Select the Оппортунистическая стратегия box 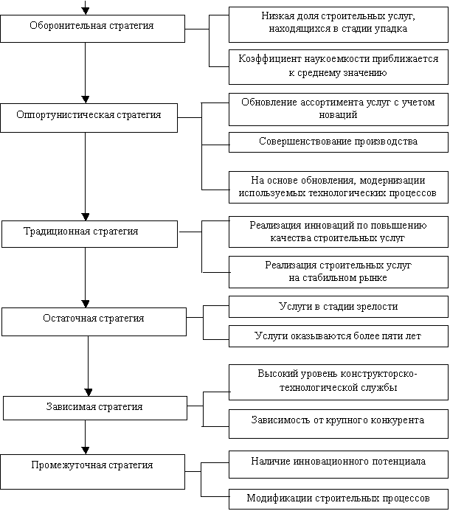click(89, 117)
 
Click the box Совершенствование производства click(338, 142)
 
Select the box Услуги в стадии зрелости click(338, 307)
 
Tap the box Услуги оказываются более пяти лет click(338, 336)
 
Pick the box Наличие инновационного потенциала click(338, 462)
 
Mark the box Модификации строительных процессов click(338, 498)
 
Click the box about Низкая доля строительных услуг click(338, 23)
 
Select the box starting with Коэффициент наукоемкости click(338, 66)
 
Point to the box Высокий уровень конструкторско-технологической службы click(338, 381)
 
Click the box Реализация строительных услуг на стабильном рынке click(338, 271)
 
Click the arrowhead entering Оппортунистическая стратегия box click(86, 97)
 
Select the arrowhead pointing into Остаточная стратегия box click(86, 303)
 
